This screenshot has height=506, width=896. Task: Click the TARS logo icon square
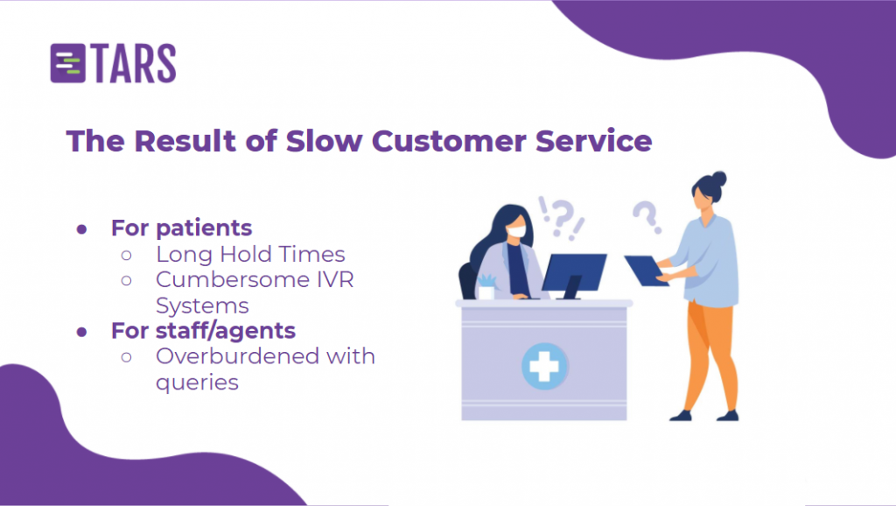(x=68, y=63)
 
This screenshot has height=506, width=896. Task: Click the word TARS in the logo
(x=133, y=63)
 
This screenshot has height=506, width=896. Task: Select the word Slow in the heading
(x=324, y=141)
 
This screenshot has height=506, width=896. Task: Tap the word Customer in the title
(x=449, y=141)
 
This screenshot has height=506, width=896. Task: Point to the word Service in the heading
(x=594, y=141)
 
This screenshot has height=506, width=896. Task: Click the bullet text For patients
(x=181, y=228)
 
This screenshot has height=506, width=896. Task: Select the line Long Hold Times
(x=250, y=255)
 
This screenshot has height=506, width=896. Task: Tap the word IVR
(x=335, y=279)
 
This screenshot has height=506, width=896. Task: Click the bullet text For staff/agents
(x=203, y=330)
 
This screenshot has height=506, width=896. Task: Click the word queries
(x=197, y=383)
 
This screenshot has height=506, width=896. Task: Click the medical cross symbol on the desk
(x=544, y=366)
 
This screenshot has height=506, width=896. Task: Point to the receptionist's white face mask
(x=516, y=231)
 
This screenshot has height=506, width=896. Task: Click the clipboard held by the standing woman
(x=646, y=271)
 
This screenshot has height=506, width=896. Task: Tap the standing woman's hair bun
(x=719, y=179)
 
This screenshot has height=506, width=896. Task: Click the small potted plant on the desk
(x=486, y=287)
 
